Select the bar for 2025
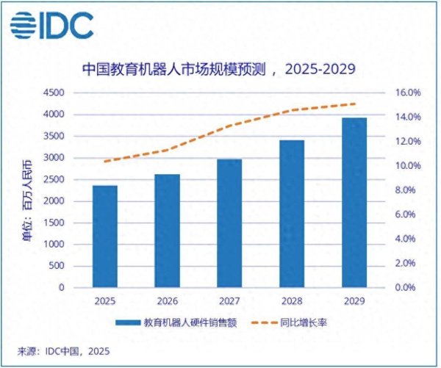(104, 237)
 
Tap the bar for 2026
(167, 231)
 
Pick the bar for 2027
(229, 223)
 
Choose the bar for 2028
(292, 214)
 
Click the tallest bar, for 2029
(354, 203)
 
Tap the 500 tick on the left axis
(57, 266)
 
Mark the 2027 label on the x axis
(229, 301)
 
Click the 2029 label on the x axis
(354, 301)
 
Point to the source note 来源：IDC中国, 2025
(63, 351)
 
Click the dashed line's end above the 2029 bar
(354, 104)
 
